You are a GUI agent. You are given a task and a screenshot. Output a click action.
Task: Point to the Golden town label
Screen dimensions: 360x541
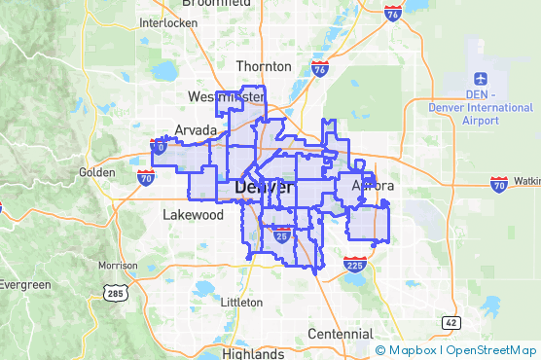point(96,172)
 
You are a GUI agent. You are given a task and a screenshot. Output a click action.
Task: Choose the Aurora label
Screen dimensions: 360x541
point(373,185)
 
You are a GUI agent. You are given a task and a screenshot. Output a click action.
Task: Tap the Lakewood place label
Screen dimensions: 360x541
point(193,214)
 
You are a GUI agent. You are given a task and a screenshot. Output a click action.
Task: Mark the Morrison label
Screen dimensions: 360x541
point(118,266)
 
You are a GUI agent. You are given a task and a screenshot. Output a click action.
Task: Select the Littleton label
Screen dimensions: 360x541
point(242,303)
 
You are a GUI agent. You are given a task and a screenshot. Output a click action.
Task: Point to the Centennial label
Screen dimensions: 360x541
point(340,334)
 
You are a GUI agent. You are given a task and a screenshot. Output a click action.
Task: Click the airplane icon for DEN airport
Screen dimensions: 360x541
point(482,78)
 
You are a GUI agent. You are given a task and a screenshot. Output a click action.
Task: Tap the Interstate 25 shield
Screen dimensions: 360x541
point(281,234)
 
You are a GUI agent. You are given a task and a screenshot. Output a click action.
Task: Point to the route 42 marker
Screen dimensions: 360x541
point(450,322)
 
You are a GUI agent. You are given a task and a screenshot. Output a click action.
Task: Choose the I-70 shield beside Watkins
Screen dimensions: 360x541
point(498,183)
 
